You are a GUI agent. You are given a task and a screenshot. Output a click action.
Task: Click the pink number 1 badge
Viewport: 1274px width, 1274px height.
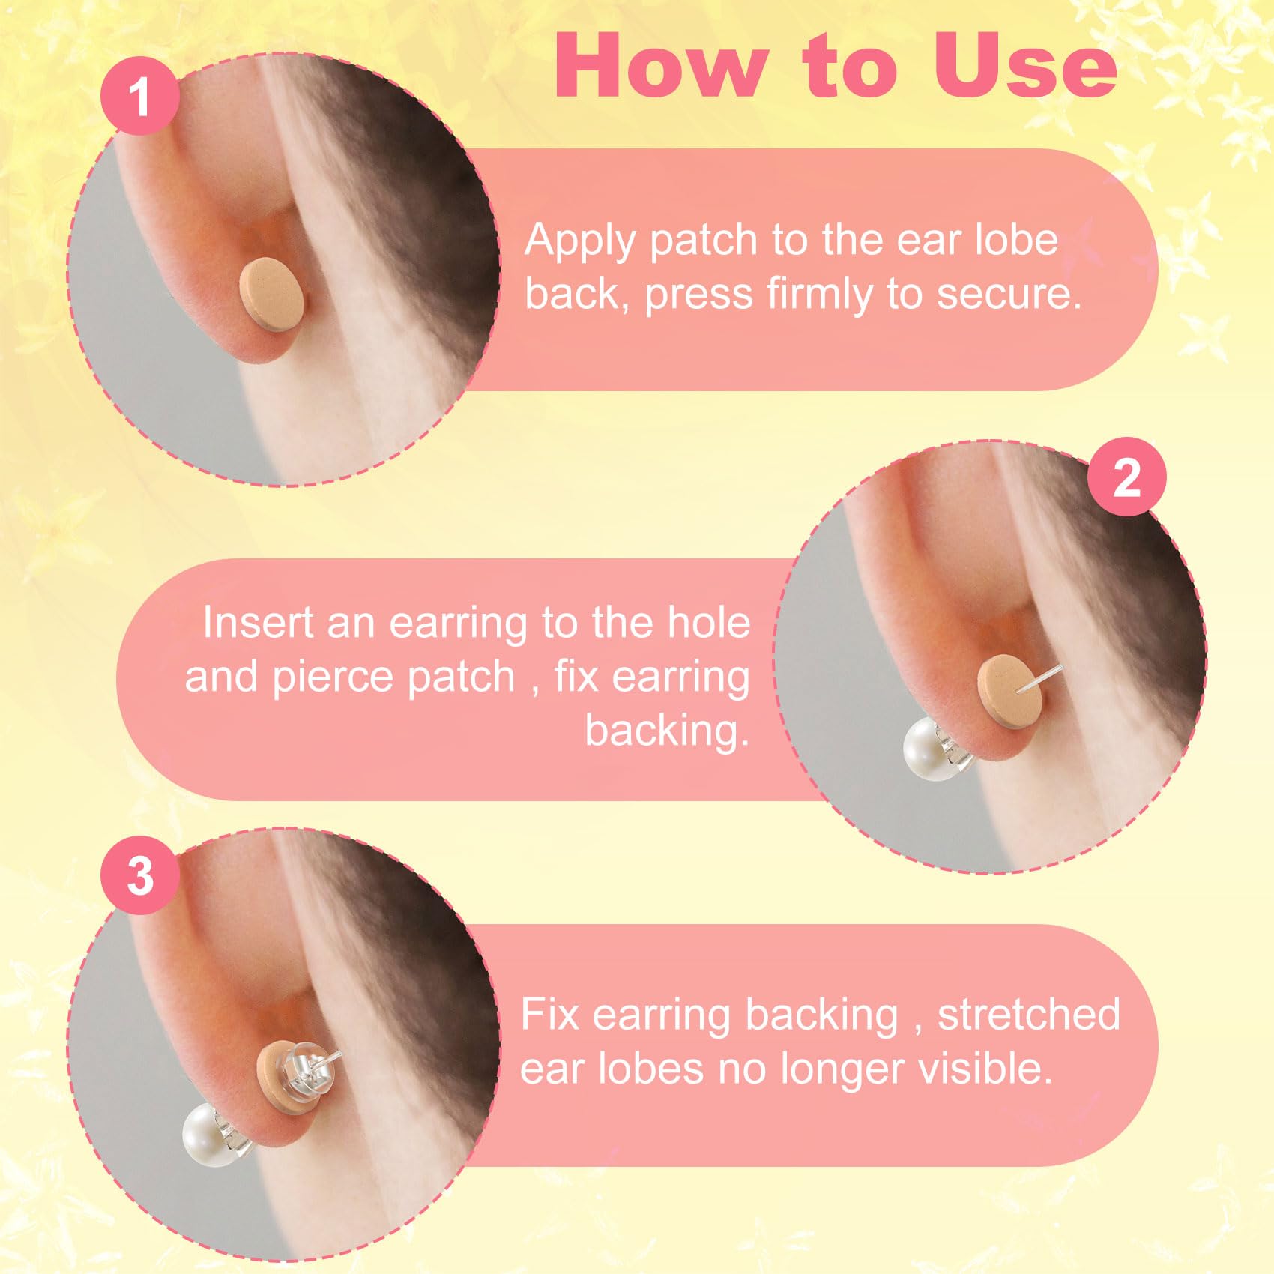point(139,96)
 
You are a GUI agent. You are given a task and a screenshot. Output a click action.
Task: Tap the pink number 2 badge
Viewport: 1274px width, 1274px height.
point(1126,477)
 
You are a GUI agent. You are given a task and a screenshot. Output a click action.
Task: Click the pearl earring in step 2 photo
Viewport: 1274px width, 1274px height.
point(928,749)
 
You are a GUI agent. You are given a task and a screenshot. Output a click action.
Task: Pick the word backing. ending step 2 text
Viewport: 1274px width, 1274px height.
point(667,731)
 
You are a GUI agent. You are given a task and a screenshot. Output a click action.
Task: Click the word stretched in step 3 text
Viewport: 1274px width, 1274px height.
point(1028,1015)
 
